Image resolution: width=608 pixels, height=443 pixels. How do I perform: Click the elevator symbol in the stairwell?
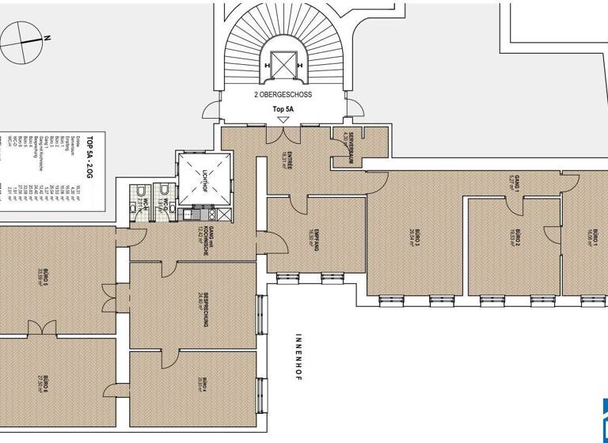283,62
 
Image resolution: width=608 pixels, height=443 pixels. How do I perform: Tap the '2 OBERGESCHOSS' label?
283,94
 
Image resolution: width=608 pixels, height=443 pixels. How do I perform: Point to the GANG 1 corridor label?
514,184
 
